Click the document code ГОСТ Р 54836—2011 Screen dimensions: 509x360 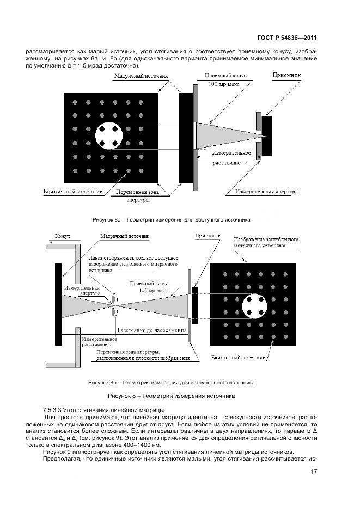coord(286,38)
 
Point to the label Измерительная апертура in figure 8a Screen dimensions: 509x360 coord(267,192)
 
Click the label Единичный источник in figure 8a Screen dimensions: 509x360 coord(73,192)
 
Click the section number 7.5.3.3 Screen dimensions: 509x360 coord(53,409)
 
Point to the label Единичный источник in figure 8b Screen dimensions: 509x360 coord(239,358)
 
